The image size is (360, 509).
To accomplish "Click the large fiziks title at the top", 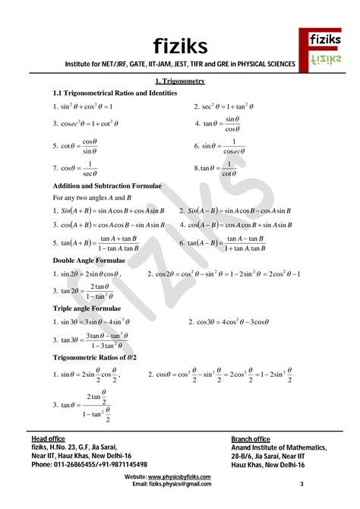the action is pos(179,43).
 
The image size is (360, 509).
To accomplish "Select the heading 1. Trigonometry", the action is pos(180,81).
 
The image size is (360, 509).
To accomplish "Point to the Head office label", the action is pos(48,439).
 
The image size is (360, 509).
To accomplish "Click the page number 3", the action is pos(301,484).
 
